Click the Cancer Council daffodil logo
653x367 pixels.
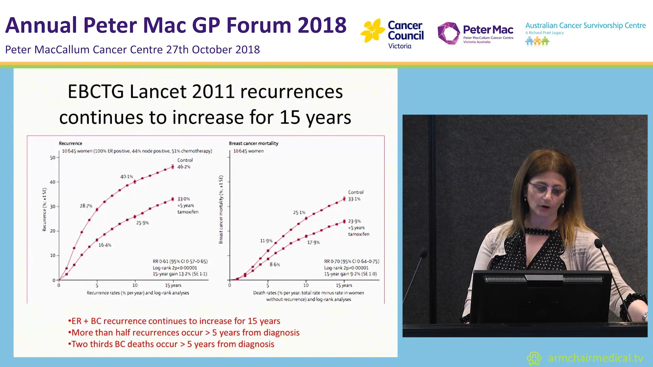pyautogui.click(x=372, y=31)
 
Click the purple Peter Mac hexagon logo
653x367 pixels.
pyautogui.click(x=448, y=33)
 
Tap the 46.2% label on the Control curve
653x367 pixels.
pyautogui.click(x=184, y=167)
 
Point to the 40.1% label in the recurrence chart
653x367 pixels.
pyautogui.click(x=127, y=177)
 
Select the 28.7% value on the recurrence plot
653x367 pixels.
pyautogui.click(x=86, y=206)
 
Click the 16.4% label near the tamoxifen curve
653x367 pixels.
pyautogui.click(x=105, y=245)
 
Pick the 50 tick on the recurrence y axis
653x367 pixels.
pyautogui.click(x=52, y=158)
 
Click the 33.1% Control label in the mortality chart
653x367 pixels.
pyautogui.click(x=354, y=199)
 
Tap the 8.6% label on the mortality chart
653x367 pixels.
pyautogui.click(x=275, y=264)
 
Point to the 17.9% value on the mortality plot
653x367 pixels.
pyautogui.click(x=313, y=243)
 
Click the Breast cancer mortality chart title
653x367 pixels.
pyautogui.click(x=253, y=143)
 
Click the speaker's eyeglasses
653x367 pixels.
pyautogui.click(x=548, y=189)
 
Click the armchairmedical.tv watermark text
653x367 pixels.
pyautogui.click(x=595, y=358)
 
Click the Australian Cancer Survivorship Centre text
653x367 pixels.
pyautogui.click(x=585, y=25)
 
